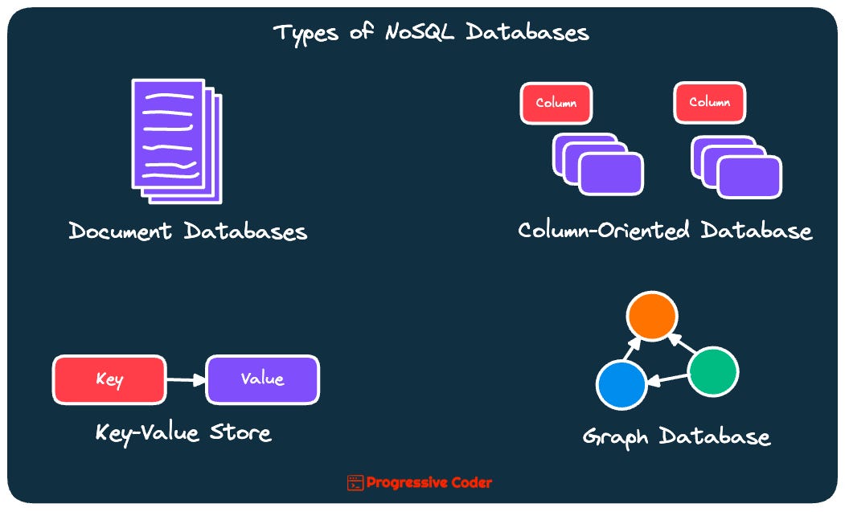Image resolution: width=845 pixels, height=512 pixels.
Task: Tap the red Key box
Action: tap(109, 379)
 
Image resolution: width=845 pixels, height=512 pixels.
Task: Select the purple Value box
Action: tap(263, 379)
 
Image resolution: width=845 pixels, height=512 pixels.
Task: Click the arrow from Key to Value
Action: tap(186, 380)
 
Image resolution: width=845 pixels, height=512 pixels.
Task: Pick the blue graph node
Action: tap(621, 383)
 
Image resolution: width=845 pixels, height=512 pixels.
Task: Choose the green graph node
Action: tap(713, 371)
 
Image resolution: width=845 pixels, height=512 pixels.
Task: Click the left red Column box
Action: tap(556, 104)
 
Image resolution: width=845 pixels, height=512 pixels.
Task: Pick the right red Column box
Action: tap(709, 103)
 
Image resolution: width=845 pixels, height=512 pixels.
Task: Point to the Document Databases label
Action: tap(188, 231)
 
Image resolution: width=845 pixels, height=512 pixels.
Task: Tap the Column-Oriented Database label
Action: tap(665, 231)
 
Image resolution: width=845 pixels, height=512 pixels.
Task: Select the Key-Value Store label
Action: tap(183, 432)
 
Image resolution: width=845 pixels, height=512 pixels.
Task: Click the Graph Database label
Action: tap(676, 436)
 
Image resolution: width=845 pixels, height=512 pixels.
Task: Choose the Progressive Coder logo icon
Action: tap(355, 483)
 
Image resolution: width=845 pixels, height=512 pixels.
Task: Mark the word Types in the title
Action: tap(305, 33)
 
